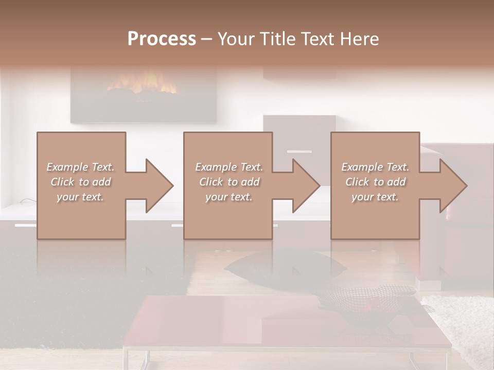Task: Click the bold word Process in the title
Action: coord(162,39)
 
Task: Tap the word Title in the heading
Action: coord(278,39)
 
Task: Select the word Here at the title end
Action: coord(359,39)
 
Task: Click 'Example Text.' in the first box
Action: coord(80,167)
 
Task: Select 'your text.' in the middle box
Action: coord(228,197)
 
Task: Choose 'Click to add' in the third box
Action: coord(375,182)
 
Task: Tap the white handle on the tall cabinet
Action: coord(299,152)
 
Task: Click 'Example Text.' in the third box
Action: coord(375,167)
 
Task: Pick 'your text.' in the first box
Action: coord(80,197)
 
